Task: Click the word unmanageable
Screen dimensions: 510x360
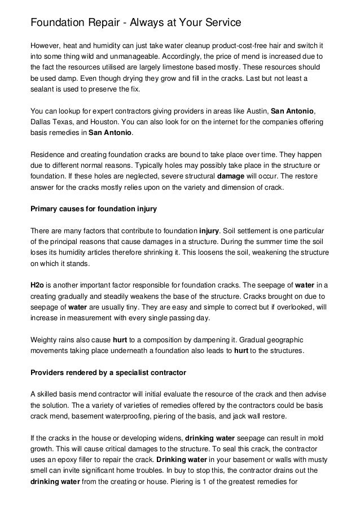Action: click(128, 56)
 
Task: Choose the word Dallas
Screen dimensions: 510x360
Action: click(41, 123)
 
